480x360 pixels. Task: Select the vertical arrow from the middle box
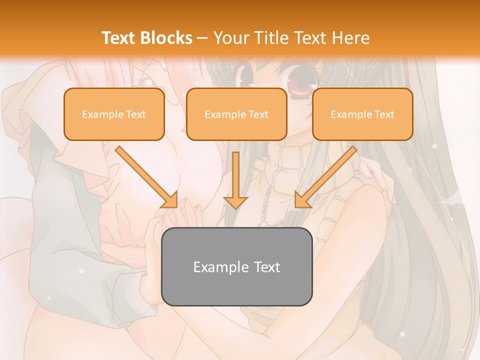(x=235, y=177)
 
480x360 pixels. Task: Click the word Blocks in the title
(x=166, y=38)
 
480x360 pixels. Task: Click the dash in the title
(x=202, y=38)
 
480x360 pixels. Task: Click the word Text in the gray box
(x=267, y=267)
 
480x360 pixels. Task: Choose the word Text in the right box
(x=384, y=114)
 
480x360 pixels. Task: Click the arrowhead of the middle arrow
(x=235, y=202)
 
